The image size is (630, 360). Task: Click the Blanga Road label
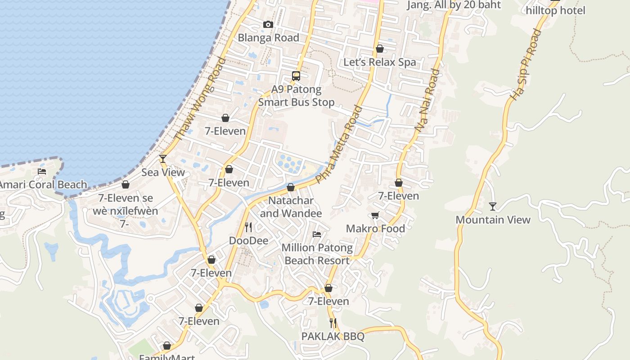point(268,38)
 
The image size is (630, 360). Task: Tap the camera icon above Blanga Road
point(268,24)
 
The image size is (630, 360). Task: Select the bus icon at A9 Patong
point(296,76)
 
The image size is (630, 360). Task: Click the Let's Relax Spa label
point(380,62)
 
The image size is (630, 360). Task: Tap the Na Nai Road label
point(427,100)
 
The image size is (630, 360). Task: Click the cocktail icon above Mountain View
point(493,207)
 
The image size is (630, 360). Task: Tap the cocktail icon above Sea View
point(163,159)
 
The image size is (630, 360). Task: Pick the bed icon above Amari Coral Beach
point(42,171)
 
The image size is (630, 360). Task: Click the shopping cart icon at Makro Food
point(375,216)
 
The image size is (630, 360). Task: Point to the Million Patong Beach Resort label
point(317,254)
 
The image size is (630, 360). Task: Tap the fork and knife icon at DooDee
point(248,227)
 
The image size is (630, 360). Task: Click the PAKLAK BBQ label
point(333,337)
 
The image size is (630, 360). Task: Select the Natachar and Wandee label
point(291,207)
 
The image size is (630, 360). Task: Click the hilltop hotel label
point(556,10)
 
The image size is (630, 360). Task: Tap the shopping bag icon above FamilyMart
point(167,346)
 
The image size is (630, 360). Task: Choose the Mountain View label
point(493,220)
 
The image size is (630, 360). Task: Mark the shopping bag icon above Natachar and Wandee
point(291,187)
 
